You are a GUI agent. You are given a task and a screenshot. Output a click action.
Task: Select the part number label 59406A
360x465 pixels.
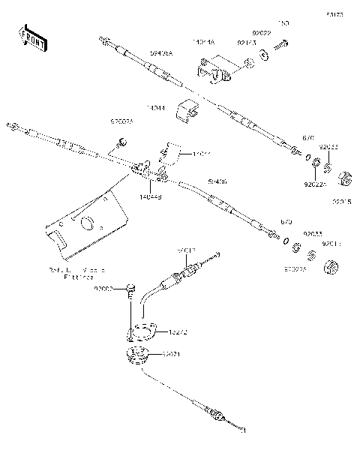[x=160, y=54]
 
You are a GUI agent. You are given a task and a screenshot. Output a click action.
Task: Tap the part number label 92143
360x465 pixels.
[x=246, y=43]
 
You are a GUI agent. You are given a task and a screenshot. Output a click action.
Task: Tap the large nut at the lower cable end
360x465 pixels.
[x=331, y=267]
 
